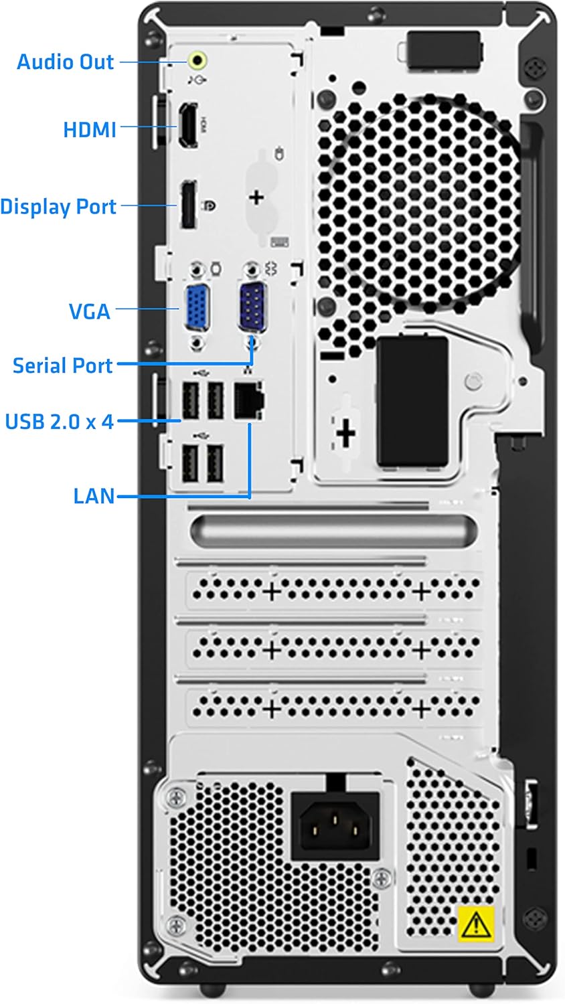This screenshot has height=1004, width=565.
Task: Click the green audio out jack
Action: (x=197, y=61)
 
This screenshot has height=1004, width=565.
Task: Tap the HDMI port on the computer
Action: (x=187, y=125)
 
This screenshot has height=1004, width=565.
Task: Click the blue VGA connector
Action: (x=196, y=307)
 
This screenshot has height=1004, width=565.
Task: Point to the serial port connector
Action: (x=253, y=305)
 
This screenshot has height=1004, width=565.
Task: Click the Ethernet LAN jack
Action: (x=248, y=401)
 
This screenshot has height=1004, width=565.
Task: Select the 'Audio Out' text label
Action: (x=65, y=62)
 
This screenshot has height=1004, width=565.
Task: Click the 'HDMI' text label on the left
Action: (x=90, y=129)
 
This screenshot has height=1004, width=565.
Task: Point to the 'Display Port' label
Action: (x=58, y=207)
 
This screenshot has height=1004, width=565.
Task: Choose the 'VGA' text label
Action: (x=90, y=311)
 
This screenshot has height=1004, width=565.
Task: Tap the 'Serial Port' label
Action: (x=63, y=365)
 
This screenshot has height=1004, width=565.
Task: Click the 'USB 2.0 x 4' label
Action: (x=59, y=422)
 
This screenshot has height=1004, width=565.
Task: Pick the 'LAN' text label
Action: (x=94, y=496)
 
